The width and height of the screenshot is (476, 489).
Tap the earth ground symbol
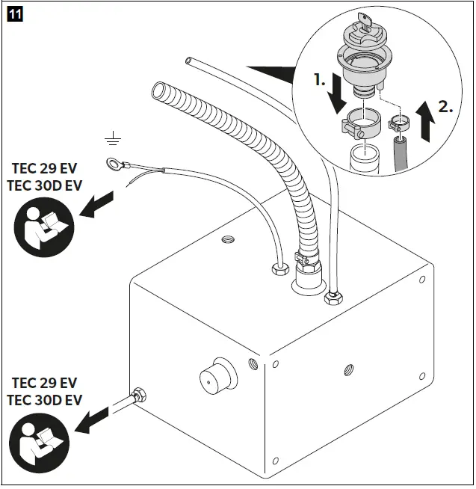(114, 137)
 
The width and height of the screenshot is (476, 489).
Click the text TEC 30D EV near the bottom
(44, 400)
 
